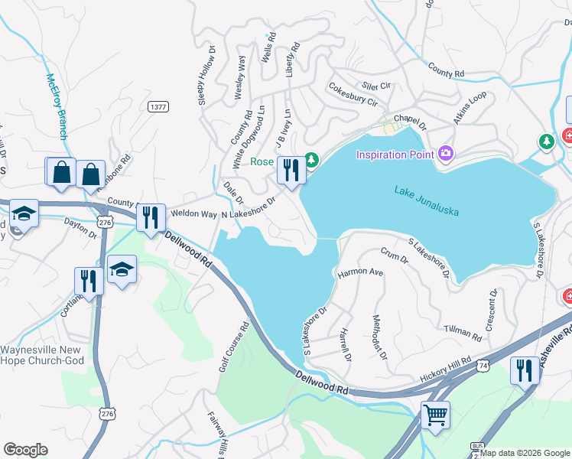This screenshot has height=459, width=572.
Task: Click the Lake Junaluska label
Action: coord(426,200)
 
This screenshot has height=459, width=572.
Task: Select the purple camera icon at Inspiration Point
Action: coord(446,155)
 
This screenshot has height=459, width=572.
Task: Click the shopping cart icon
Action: coord(435,415)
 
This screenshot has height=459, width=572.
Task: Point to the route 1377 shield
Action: coord(158,107)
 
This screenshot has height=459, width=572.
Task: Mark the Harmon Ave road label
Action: coord(360,272)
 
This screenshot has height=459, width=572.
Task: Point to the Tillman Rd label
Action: coord(463,333)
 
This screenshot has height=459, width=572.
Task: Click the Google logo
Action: coord(25,450)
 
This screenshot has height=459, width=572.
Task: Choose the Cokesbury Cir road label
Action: coord(353,96)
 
